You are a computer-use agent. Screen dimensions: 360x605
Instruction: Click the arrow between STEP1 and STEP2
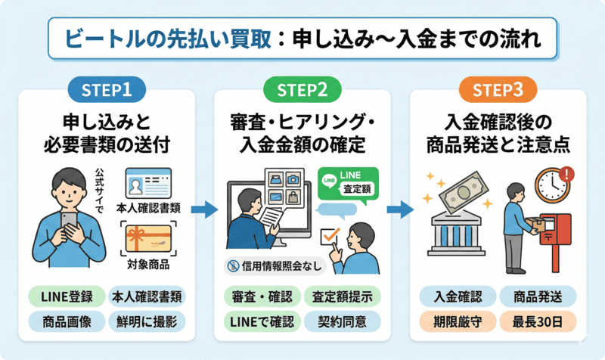(x=201, y=209)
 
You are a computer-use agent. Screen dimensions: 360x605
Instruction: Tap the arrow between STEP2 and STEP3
(x=399, y=209)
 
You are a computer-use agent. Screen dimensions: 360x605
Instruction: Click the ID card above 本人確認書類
(x=148, y=183)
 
